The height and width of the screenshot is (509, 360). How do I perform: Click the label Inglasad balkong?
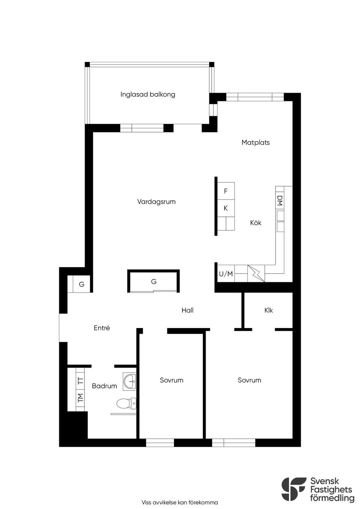148,94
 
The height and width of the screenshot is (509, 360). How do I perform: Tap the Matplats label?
256,142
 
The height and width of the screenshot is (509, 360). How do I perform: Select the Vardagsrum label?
156,201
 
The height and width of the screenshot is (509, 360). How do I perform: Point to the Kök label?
256,223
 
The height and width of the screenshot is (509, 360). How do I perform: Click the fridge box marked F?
226,191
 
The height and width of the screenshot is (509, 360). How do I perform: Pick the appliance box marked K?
226,208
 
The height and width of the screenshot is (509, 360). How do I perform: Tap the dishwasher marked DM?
280,201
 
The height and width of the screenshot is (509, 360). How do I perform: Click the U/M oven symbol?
226,274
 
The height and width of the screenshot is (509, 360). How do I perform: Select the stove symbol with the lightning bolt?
256,273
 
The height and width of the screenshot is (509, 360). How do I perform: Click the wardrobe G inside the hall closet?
154,282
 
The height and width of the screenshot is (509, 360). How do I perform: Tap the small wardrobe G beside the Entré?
82,284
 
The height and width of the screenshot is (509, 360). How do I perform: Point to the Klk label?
268,310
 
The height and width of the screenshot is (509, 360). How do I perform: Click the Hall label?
187,310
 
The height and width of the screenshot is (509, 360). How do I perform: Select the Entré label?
102,328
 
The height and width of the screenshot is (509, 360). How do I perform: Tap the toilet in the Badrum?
126,404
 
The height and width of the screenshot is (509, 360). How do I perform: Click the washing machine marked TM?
80,398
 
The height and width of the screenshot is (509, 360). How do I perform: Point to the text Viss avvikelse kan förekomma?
180,502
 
